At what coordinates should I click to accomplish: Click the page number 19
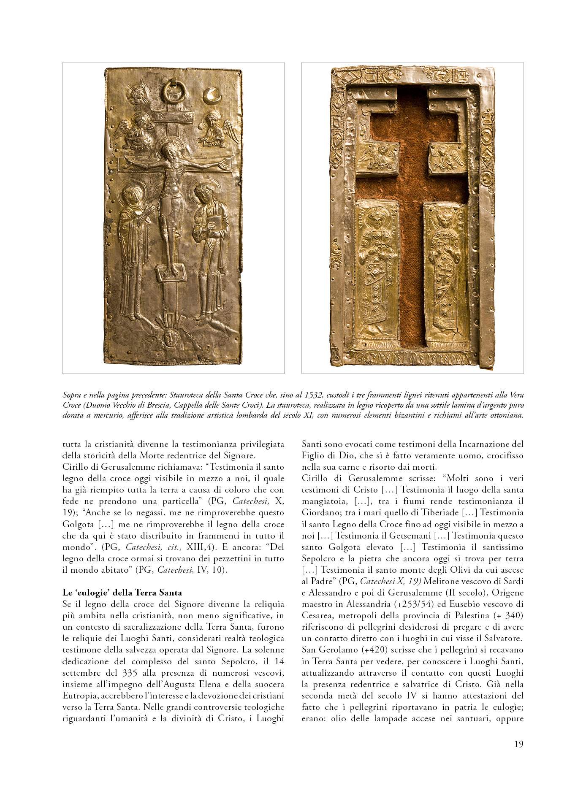tap(518, 744)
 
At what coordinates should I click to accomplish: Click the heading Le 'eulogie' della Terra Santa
tap(122, 592)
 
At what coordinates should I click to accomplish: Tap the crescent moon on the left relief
tap(212, 96)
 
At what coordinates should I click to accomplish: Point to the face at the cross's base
tap(170, 337)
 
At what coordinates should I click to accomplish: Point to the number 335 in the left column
tap(130, 673)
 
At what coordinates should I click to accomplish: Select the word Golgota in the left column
tap(78, 524)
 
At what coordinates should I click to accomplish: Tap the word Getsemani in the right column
tap(410, 536)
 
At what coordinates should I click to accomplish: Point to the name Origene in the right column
tap(506, 593)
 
